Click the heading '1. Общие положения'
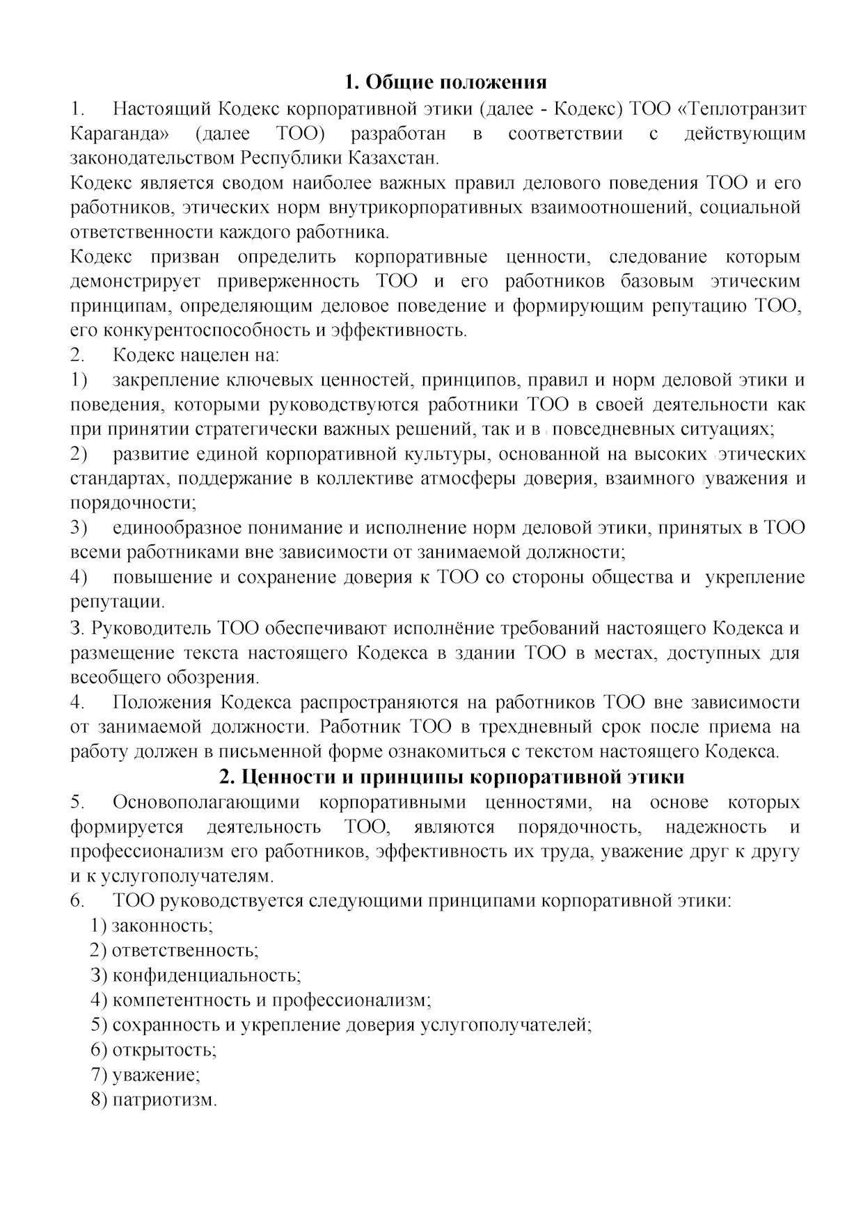(x=445, y=82)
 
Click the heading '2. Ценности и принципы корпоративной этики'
(x=452, y=776)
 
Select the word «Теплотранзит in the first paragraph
(x=741, y=109)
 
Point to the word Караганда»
(x=120, y=134)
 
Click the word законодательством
(x=152, y=158)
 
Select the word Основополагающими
(x=206, y=802)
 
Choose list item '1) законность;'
(x=152, y=925)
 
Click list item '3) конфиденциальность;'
(x=196, y=975)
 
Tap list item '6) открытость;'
(x=154, y=1049)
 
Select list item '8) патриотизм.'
(x=154, y=1100)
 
